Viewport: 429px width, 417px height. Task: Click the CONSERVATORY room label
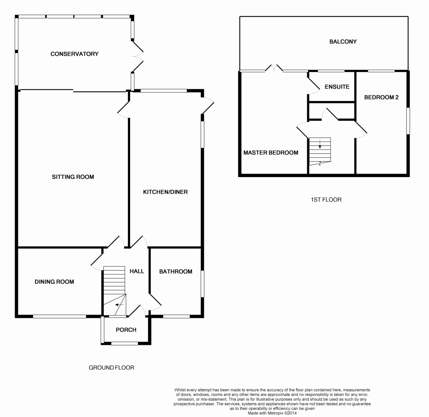pos(74,54)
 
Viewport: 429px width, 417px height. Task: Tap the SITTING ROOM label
pos(73,177)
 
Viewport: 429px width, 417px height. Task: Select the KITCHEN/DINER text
pos(165,192)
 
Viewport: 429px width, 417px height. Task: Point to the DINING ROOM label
pos(54,282)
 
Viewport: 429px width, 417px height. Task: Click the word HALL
pos(137,271)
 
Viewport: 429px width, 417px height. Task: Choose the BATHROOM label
pos(176,272)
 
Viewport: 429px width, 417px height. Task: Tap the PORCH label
pos(126,330)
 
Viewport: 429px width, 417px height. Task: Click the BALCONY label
pos(343,41)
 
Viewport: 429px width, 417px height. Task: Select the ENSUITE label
pos(337,87)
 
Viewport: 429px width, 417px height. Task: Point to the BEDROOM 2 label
pos(381,97)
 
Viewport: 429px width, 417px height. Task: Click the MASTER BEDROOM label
pos(271,153)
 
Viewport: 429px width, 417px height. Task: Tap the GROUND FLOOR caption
pos(111,367)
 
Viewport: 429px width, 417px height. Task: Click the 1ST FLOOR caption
pos(326,199)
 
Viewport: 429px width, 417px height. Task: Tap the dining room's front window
pos(59,316)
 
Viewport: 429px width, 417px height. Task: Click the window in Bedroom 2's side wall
pos(408,121)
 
